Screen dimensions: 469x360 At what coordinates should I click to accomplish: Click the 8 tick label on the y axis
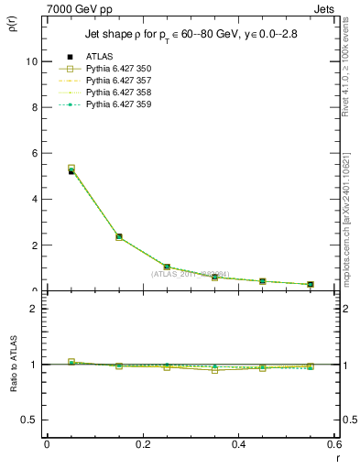34,107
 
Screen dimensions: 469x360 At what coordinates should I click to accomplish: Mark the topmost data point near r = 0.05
71,169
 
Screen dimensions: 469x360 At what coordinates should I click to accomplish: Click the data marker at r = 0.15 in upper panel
119,236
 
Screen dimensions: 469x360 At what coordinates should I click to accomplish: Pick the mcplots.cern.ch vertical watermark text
349,234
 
